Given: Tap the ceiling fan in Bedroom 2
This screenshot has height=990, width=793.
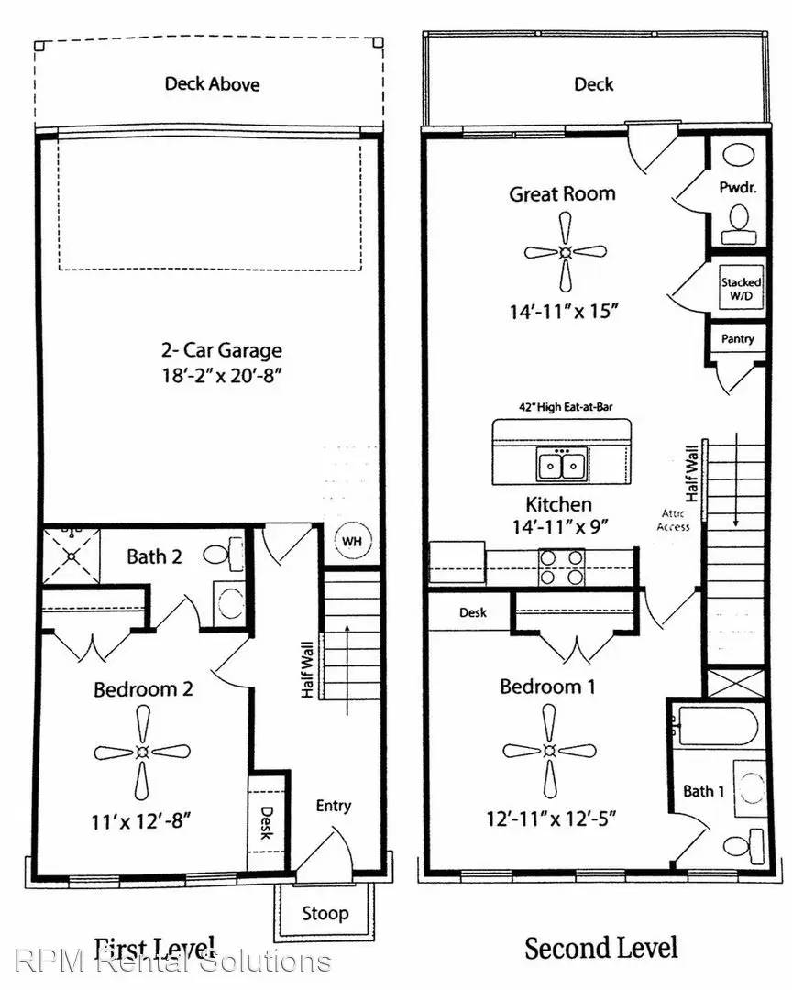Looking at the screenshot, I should pos(142,753).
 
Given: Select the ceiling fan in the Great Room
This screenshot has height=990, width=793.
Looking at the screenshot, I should pos(566,251).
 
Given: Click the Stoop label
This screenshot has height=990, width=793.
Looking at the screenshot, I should pos(325,913).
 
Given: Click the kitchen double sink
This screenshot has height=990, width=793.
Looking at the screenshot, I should pos(562,466).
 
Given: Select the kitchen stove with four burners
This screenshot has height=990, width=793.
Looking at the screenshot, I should pos(561,566).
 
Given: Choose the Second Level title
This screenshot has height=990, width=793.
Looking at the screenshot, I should pos(600,948).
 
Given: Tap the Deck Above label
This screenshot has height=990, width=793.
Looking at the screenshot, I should pos(212,84).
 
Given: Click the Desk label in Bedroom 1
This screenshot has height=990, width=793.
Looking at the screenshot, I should pos(473,612).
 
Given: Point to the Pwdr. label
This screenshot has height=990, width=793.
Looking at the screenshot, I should pos(735,185).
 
